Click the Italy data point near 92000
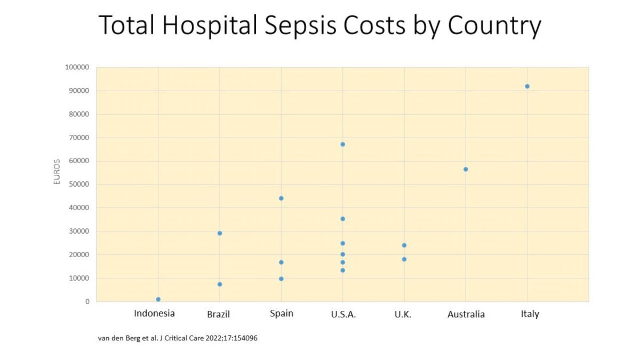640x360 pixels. coord(527,86)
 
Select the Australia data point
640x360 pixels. coord(466,169)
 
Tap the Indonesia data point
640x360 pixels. coord(158,299)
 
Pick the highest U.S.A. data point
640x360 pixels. coord(342,144)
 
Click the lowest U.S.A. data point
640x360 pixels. coord(342,270)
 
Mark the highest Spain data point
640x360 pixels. coord(281,198)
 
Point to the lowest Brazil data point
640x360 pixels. coord(220,284)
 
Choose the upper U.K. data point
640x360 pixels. coord(404,245)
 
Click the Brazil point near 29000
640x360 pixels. coord(220,233)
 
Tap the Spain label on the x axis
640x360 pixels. coord(281,313)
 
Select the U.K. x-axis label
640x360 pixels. coord(403,314)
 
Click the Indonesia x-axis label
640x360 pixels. coord(154,313)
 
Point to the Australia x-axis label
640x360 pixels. coord(466,314)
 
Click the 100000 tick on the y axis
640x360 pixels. coord(77,67)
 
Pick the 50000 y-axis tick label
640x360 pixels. coord(79,185)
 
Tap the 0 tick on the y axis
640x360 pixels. coord(87,302)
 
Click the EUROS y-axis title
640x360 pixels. coord(57,172)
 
